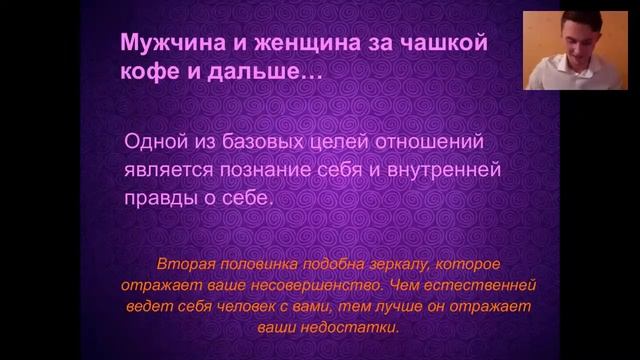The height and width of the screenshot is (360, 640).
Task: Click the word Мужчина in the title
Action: [x=160, y=44]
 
